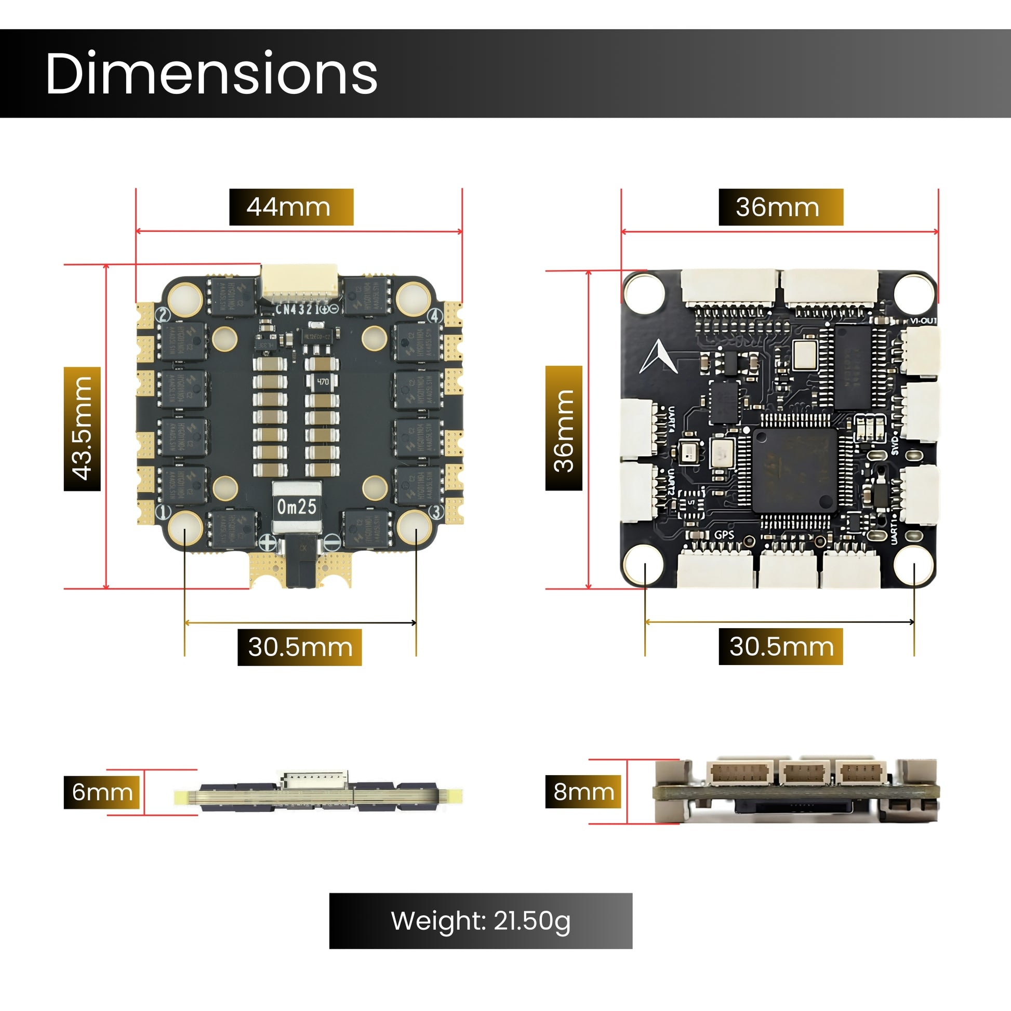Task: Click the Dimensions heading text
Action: [x=211, y=73]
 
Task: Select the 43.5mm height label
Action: [x=82, y=429]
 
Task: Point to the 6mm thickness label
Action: [x=102, y=792]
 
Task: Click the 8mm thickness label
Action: [x=583, y=792]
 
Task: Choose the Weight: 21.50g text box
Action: [x=481, y=921]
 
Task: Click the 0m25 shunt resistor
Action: [x=296, y=506]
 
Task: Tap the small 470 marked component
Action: [x=323, y=381]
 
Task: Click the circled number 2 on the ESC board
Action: [x=163, y=315]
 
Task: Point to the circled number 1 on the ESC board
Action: [x=164, y=511]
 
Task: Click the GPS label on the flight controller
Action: [x=724, y=535]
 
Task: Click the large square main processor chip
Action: [x=794, y=470]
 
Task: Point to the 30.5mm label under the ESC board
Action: [x=299, y=647]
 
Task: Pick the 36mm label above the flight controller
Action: [x=780, y=207]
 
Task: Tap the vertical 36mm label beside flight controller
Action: [x=564, y=429]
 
